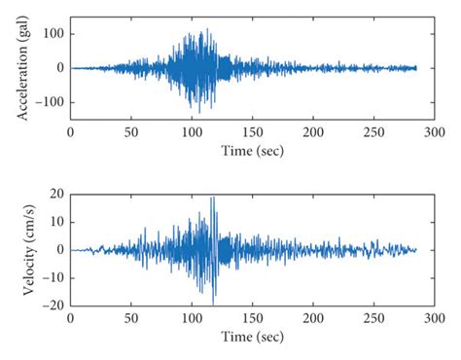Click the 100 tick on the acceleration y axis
click(x=51, y=34)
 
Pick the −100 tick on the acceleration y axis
click(x=47, y=101)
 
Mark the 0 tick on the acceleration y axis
click(x=59, y=68)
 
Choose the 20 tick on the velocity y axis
click(x=55, y=195)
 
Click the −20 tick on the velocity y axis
click(x=52, y=305)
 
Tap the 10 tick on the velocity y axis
click(x=55, y=222)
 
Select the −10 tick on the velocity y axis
click(x=52, y=277)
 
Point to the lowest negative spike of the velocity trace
click(x=213, y=305)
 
